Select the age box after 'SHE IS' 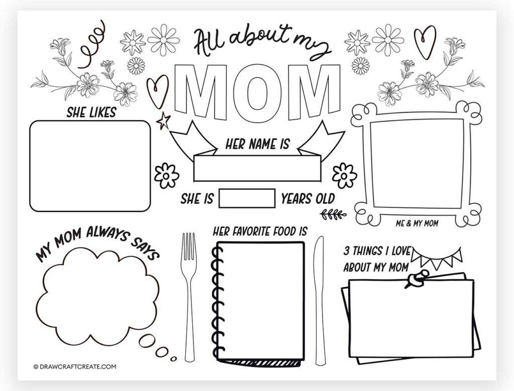click(247, 198)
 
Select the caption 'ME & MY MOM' click(416, 223)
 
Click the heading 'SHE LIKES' click(91, 112)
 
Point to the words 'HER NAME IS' click(257, 145)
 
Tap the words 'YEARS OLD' click(308, 198)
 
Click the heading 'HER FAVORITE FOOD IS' click(260, 231)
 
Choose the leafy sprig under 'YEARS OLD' click(333, 215)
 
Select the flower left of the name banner click(167, 175)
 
